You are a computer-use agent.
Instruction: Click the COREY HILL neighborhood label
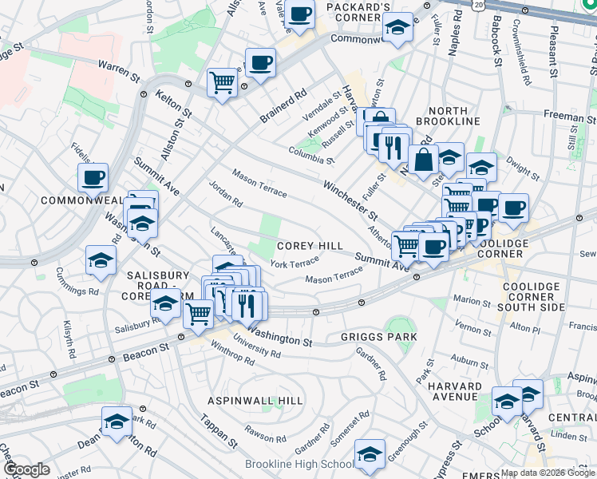310,247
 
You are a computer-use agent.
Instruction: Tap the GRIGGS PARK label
379,337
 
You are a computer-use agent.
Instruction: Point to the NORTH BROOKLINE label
453,121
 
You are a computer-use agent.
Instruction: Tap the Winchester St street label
350,200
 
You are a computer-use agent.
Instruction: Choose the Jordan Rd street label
225,193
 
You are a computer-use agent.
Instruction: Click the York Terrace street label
295,263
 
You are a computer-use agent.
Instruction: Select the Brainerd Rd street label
283,105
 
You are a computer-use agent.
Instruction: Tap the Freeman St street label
570,117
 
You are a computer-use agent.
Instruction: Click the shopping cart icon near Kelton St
223,81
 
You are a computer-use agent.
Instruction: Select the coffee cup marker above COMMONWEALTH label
93,177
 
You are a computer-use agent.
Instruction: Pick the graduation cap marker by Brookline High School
370,454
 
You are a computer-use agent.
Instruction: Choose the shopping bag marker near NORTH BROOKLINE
423,159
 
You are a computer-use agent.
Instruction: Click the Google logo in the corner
26,469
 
